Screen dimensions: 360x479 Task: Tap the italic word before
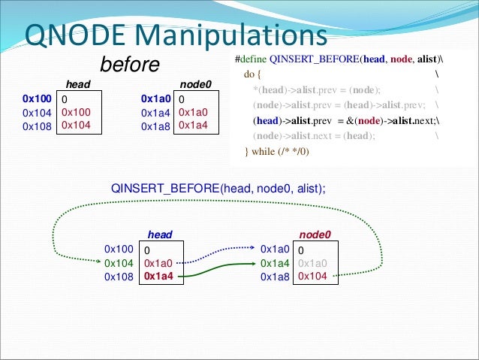(x=130, y=65)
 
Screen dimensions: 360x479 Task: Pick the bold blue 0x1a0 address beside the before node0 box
(x=156, y=98)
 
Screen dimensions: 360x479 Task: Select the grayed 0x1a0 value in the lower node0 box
(x=312, y=263)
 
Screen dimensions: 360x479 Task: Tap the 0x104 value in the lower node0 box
(x=312, y=277)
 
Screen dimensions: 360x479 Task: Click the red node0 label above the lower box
(x=315, y=235)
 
